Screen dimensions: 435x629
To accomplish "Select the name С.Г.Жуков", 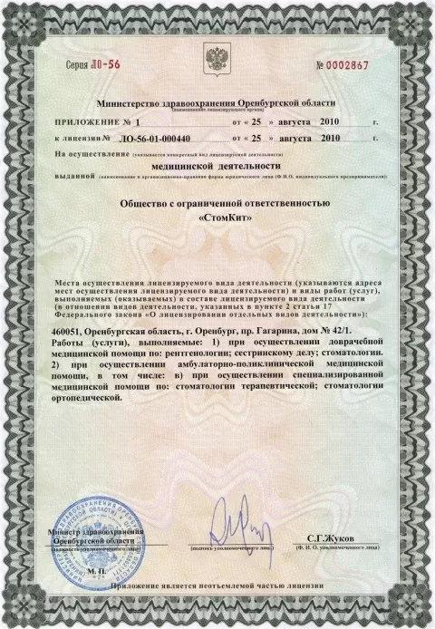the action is pyautogui.click(x=329, y=538).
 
